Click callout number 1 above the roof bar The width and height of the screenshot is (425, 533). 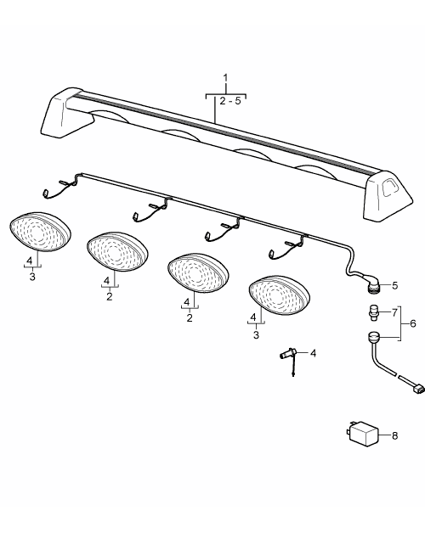[225, 78]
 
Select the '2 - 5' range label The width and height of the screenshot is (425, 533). [230, 101]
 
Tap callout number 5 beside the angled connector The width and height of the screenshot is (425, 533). [394, 285]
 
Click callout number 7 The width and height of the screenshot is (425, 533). [394, 312]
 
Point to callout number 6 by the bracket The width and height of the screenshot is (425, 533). [413, 323]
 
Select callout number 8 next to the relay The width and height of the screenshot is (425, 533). [394, 435]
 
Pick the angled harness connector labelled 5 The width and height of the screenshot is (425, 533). [373, 283]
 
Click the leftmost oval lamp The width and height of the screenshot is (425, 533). [40, 233]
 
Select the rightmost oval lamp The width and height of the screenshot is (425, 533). [279, 295]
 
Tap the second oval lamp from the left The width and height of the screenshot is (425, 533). [117, 252]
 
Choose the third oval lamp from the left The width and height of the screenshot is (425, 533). [198, 273]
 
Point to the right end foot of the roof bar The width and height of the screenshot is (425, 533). [388, 195]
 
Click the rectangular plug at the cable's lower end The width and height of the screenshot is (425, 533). [418, 388]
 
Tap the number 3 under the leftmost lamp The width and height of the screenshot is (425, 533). [32, 277]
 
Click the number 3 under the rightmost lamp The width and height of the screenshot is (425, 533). [256, 335]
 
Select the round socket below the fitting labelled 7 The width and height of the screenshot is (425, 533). [374, 338]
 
